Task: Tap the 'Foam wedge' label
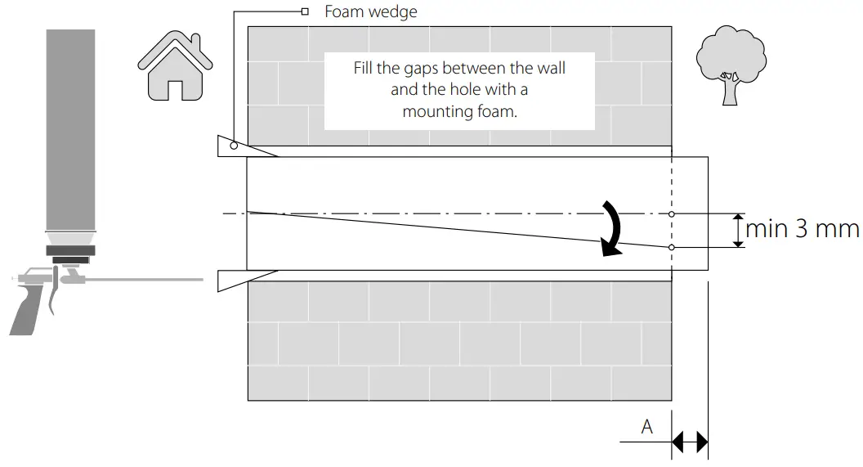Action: [x=370, y=11]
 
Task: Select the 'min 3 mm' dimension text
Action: [x=801, y=229]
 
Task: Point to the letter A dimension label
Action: [x=647, y=427]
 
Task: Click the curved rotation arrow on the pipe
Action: [x=612, y=228]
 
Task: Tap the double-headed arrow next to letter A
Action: [x=690, y=442]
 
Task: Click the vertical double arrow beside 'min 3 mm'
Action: [x=739, y=231]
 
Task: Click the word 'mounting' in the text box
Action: [x=436, y=112]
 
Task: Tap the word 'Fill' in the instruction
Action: [x=364, y=68]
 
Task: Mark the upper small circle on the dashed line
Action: [x=671, y=214]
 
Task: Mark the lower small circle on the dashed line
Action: [x=671, y=247]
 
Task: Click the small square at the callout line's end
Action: [x=305, y=11]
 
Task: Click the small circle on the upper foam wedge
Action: [x=234, y=146]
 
